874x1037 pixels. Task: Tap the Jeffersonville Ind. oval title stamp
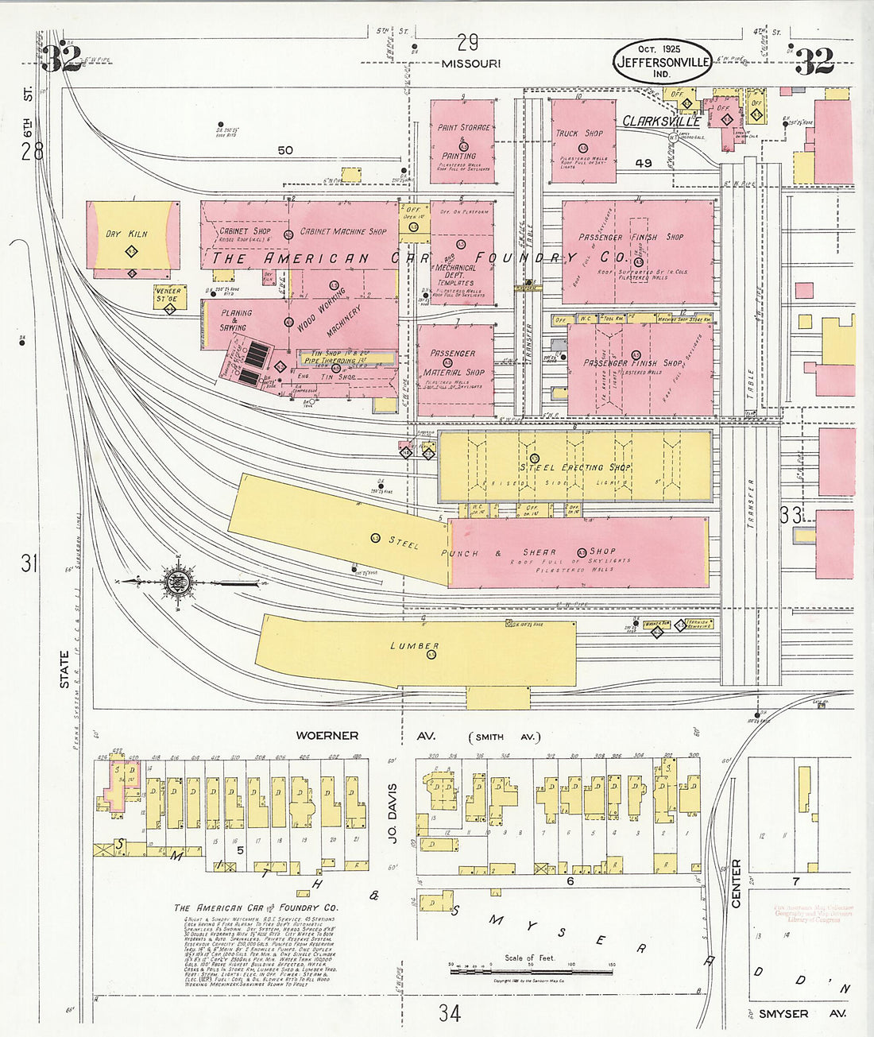click(x=662, y=61)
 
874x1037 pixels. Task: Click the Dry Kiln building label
click(x=127, y=234)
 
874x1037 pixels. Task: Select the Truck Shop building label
click(x=579, y=133)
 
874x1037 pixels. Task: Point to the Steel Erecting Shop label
click(x=575, y=467)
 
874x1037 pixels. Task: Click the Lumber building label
click(x=415, y=646)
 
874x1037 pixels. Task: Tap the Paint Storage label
click(x=464, y=127)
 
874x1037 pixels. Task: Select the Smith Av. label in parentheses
click(x=504, y=737)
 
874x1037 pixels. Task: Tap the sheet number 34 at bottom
click(x=449, y=1013)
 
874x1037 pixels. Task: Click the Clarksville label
click(x=661, y=122)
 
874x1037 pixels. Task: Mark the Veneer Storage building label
click(x=168, y=295)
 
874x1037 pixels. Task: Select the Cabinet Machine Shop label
click(x=343, y=232)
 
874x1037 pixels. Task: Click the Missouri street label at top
click(x=471, y=64)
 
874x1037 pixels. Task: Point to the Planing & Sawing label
click(x=235, y=319)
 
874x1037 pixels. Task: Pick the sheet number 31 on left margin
click(x=29, y=563)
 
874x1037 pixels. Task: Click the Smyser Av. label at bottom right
click(x=802, y=1014)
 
